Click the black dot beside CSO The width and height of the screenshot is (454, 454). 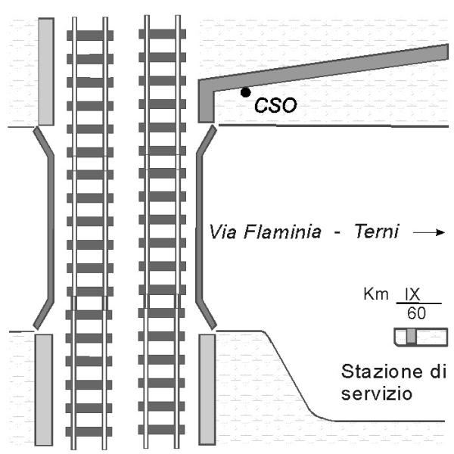pyautogui.click(x=245, y=93)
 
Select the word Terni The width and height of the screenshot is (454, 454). pyautogui.click(x=376, y=231)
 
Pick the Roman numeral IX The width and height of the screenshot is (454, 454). pyautogui.click(x=413, y=294)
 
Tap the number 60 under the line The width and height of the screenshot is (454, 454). pyautogui.click(x=415, y=312)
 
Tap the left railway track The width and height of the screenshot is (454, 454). pyautogui.click(x=91, y=227)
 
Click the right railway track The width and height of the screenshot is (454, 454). pyautogui.click(x=163, y=227)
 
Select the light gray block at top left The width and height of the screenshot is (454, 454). pyautogui.click(x=45, y=71)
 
